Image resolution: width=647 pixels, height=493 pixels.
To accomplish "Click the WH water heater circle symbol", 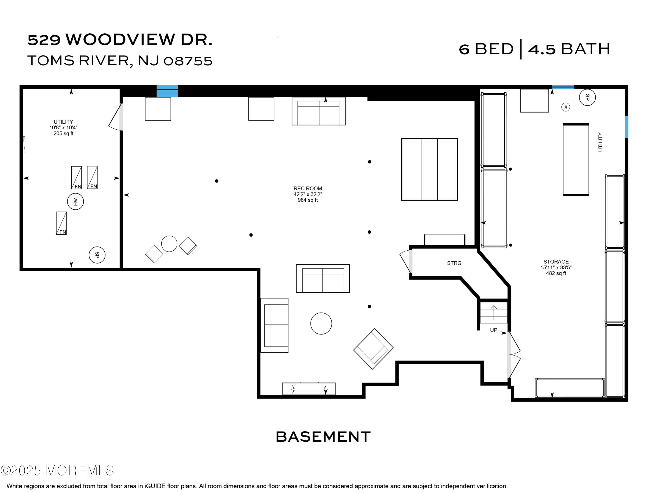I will (75, 202).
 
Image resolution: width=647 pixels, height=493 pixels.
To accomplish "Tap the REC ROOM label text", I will (308, 188).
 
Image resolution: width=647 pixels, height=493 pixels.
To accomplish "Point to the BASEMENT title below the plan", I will (323, 437).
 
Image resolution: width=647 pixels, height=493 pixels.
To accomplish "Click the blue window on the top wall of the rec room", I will (167, 91).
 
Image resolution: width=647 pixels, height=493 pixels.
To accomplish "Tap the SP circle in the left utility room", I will (97, 255).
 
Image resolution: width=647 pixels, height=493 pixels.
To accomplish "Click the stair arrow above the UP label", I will (494, 312).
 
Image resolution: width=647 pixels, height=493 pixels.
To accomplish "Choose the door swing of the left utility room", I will (116, 117).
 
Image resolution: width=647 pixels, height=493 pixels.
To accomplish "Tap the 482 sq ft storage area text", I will (556, 273).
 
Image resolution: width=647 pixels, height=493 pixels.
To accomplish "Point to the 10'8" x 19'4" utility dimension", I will (63, 128).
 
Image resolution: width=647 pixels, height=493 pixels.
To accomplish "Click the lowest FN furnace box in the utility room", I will (61, 223).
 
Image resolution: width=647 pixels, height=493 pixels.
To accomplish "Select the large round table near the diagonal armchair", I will (321, 323).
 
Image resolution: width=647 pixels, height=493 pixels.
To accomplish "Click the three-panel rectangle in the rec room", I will (429, 169).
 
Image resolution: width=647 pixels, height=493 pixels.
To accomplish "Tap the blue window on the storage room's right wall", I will (626, 127).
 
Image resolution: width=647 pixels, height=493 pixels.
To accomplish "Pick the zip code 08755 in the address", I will (188, 61).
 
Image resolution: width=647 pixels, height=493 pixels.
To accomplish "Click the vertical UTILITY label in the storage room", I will (600, 142).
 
